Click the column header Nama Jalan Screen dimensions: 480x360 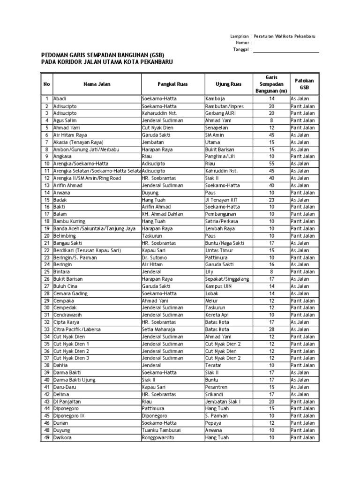[97, 84]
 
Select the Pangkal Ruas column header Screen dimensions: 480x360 [172, 84]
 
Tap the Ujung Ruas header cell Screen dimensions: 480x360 [228, 84]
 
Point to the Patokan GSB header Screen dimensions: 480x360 [304, 84]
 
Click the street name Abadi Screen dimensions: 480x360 [60, 99]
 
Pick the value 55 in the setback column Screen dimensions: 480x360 [271, 164]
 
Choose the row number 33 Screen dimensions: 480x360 [47, 329]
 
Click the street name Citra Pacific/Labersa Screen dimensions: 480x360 [77, 329]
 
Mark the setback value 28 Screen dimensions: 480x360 [271, 329]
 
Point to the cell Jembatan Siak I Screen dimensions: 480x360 [223, 401]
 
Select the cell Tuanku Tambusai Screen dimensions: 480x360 [161, 430]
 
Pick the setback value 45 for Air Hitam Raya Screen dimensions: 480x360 [271, 135]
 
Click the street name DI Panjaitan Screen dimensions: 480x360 [67, 401]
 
